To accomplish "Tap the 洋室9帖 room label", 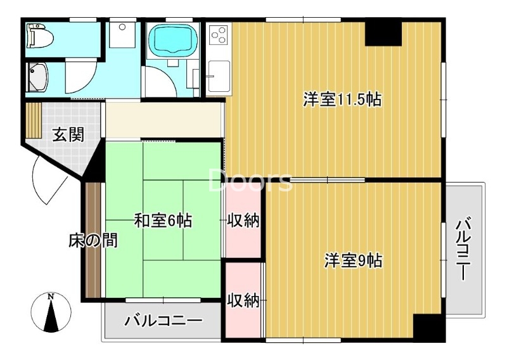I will pos(354,260).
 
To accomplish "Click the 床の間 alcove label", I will pos(93,241).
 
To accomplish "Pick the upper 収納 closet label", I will pos(243,221).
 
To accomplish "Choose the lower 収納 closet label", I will pos(243,300).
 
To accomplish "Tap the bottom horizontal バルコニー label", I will pos(163,321).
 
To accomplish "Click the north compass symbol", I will pos(51,312).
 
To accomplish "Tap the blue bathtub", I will pos(171,41).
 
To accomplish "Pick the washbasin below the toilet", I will pos(37,77).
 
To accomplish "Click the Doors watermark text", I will pos(250,181).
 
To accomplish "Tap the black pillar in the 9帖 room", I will pos(428,327).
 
